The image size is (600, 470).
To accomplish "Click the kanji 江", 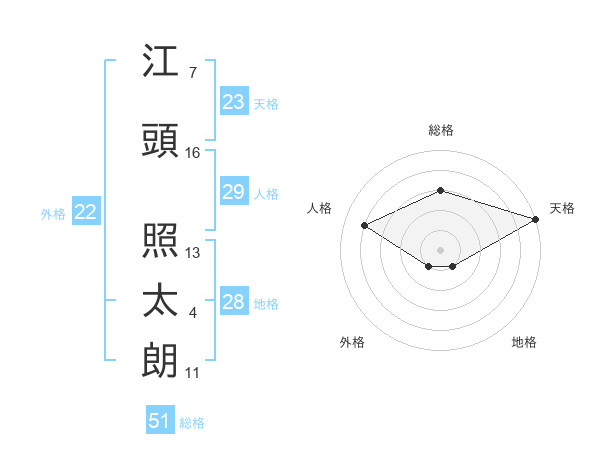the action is [160, 60].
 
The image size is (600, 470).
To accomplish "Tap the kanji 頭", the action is [160, 140].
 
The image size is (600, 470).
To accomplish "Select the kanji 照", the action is [160, 240].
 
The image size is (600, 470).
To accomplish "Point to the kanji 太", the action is [160, 300].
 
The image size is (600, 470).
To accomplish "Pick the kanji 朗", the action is [159, 360].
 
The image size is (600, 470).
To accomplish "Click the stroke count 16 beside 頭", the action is [192, 153].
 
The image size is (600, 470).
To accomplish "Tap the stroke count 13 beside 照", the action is [192, 253].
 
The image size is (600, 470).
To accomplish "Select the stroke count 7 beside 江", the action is [193, 73].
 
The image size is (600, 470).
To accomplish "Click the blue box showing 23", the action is [234, 101].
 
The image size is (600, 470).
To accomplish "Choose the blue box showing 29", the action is [234, 191].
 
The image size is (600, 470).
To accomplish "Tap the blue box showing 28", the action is [234, 300].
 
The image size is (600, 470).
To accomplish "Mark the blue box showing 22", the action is [86, 211].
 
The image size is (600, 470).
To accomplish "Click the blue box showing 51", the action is [160, 419].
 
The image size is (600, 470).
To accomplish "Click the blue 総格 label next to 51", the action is [192, 423].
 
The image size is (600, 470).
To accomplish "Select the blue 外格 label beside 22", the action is [53, 214].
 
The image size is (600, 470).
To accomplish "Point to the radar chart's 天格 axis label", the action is [562, 208].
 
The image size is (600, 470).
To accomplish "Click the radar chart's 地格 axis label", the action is [524, 342].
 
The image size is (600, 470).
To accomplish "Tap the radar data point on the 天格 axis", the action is [536, 219].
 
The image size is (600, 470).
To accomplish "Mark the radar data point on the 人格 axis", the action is [365, 225].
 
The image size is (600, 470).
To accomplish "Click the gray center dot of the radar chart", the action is [440, 250].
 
